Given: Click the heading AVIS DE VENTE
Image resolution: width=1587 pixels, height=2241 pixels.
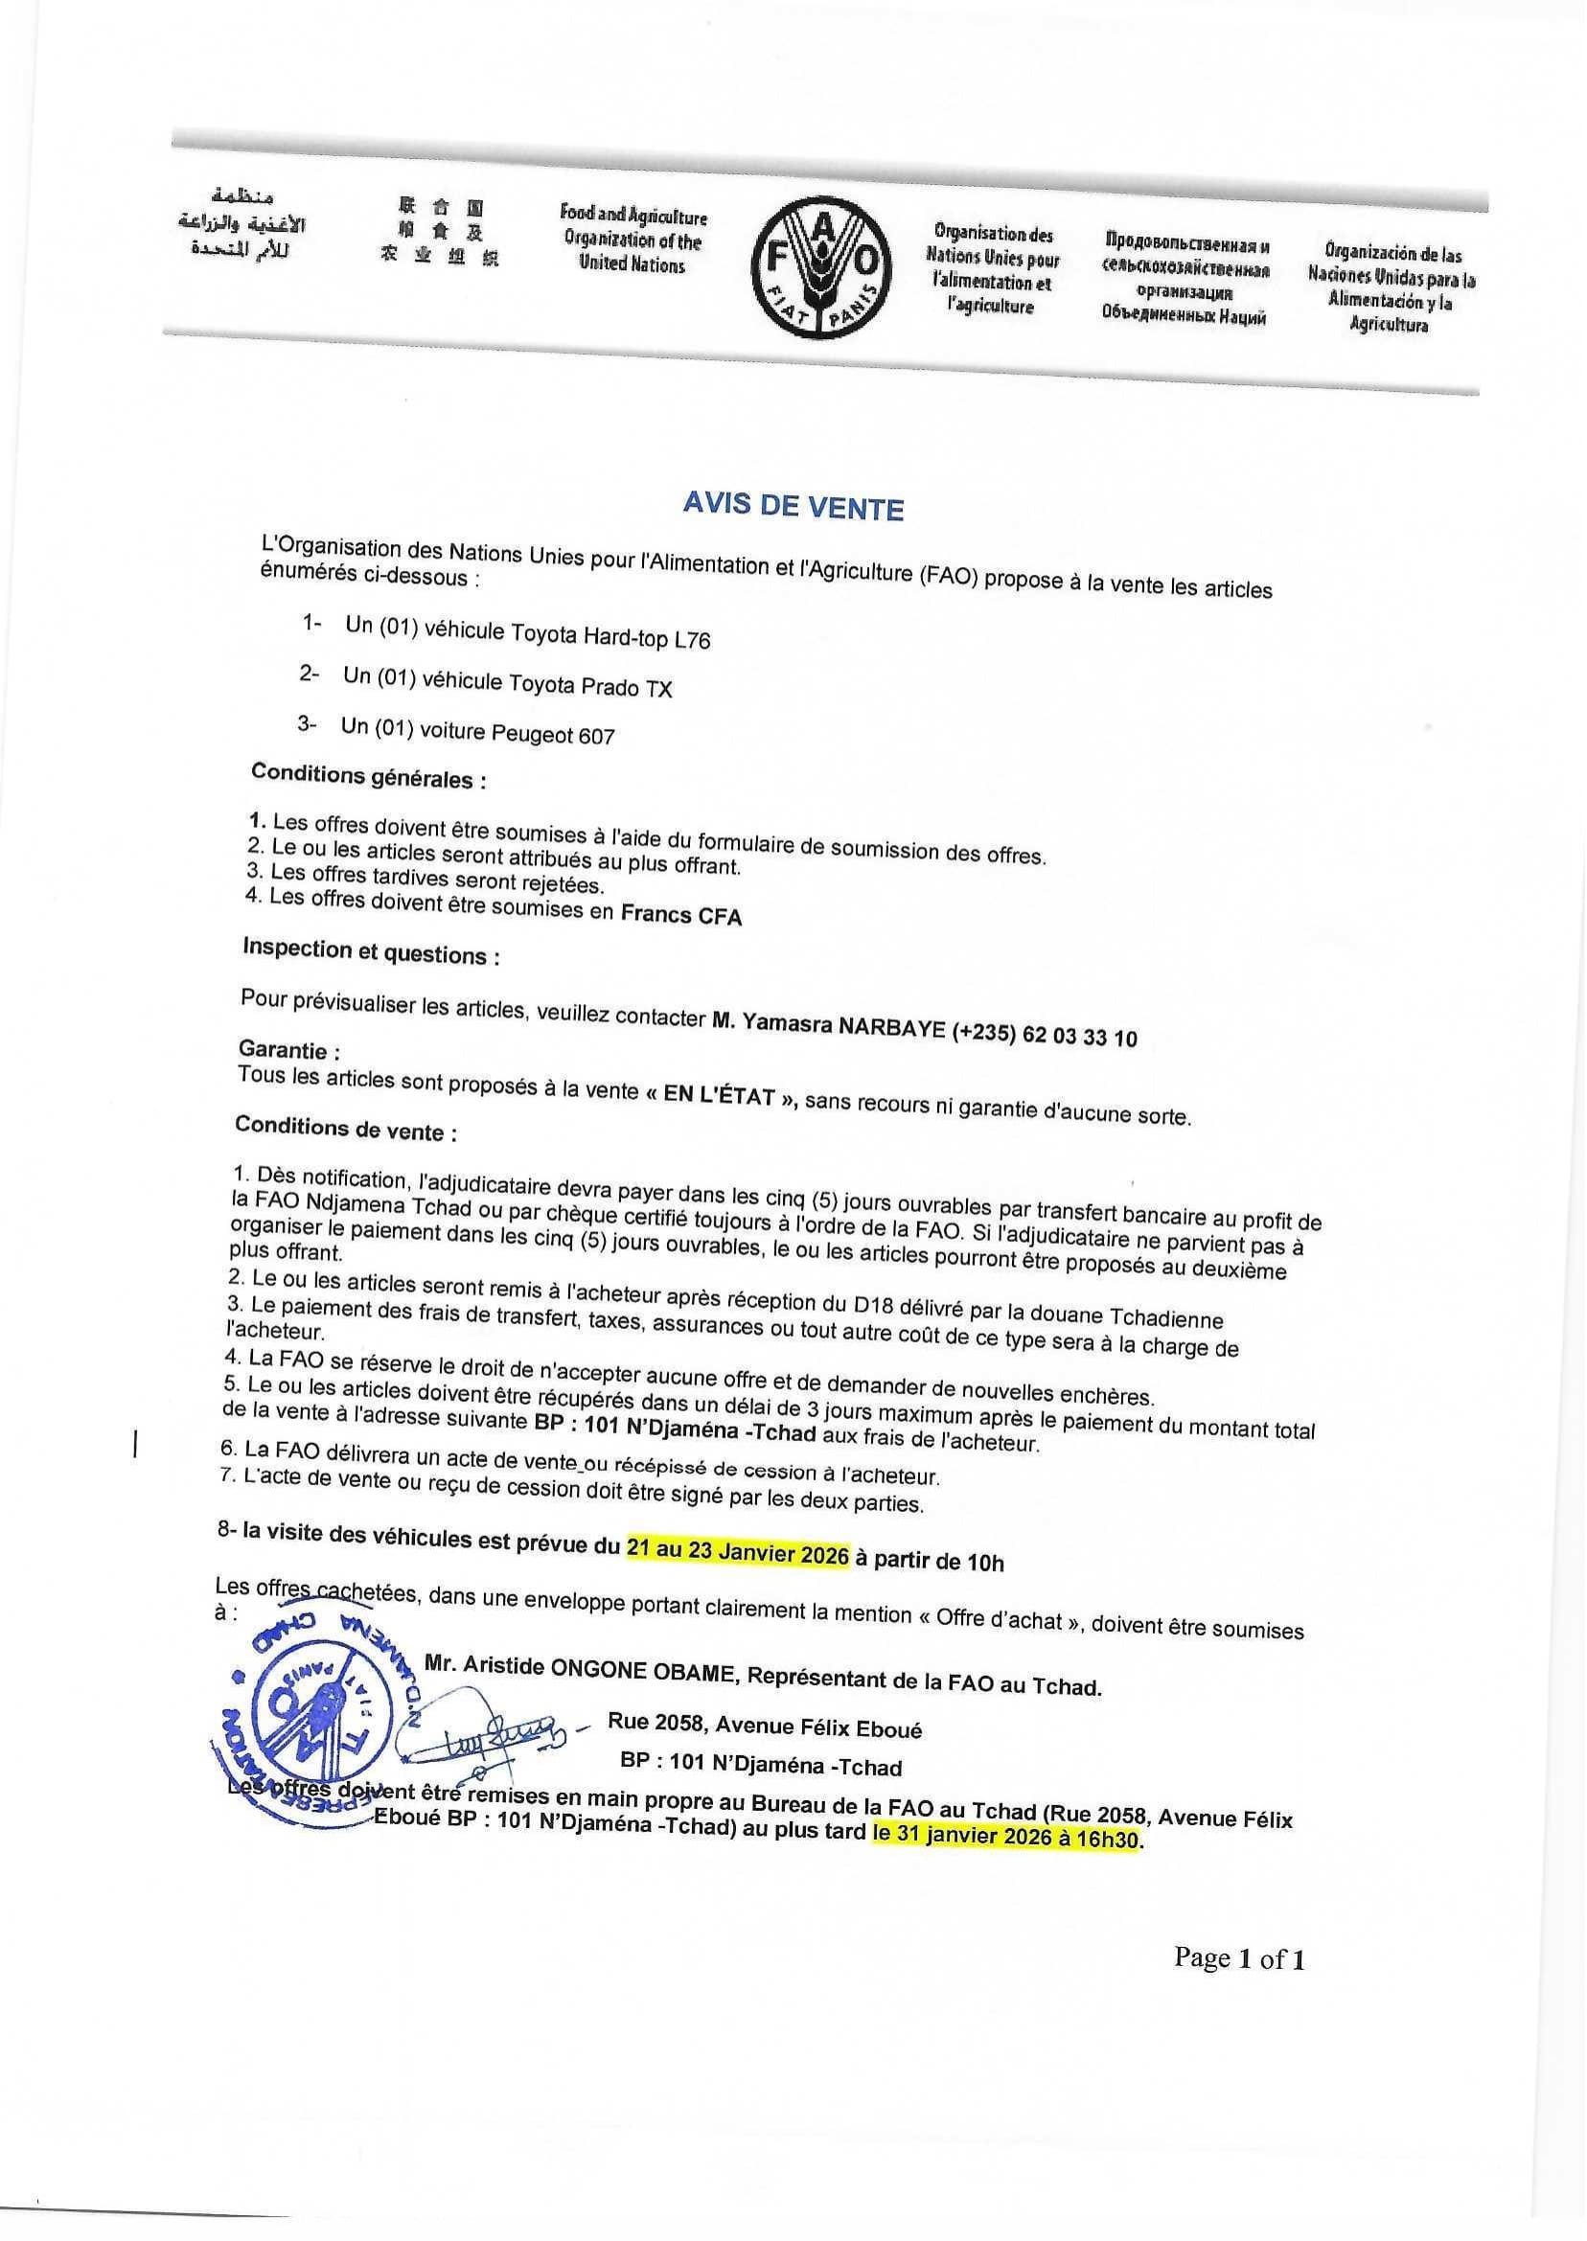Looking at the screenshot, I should (x=793, y=507).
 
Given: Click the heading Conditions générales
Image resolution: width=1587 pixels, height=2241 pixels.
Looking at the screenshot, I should (x=368, y=778).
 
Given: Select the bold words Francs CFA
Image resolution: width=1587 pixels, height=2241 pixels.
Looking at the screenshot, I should (x=681, y=914).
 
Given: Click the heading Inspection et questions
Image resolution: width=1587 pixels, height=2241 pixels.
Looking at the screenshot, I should (x=370, y=952).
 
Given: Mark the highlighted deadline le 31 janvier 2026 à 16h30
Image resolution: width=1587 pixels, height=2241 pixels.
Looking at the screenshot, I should (x=1005, y=1837).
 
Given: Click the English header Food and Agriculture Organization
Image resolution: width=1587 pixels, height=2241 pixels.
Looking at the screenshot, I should (x=632, y=240).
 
